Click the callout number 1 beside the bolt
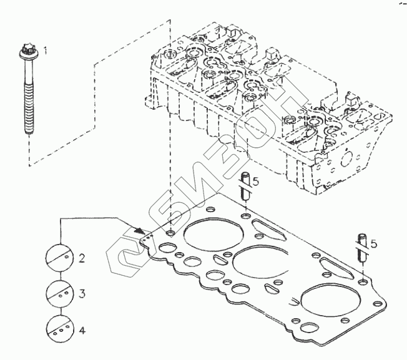[44, 49]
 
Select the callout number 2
[81, 257]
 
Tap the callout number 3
[81, 293]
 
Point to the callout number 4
[81, 329]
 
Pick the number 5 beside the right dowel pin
[374, 243]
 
